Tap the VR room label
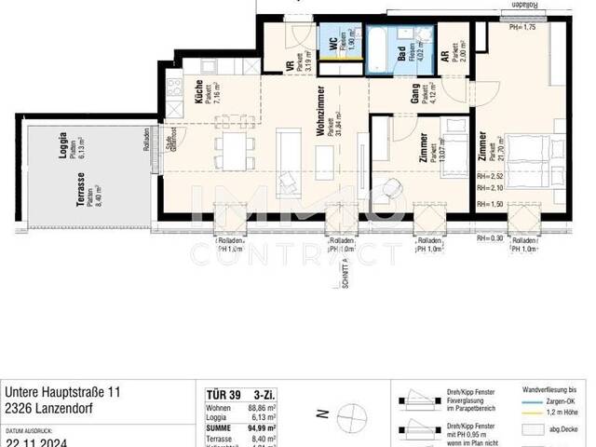click(289, 65)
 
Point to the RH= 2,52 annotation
click(490, 174)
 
